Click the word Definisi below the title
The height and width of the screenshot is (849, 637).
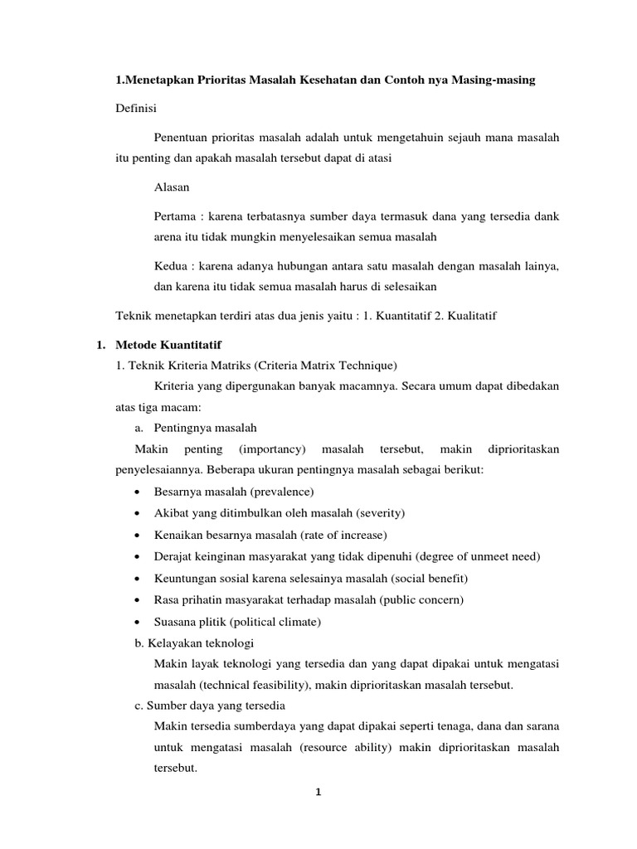(x=134, y=109)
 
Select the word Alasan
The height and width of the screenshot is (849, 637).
(x=172, y=187)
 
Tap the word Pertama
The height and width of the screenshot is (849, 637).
(x=176, y=216)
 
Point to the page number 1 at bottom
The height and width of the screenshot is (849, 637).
(x=318, y=792)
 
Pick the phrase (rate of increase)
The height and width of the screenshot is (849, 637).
(x=339, y=535)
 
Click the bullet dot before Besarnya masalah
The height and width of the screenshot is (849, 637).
(x=136, y=492)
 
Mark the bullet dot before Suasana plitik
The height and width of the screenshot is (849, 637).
(x=136, y=622)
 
